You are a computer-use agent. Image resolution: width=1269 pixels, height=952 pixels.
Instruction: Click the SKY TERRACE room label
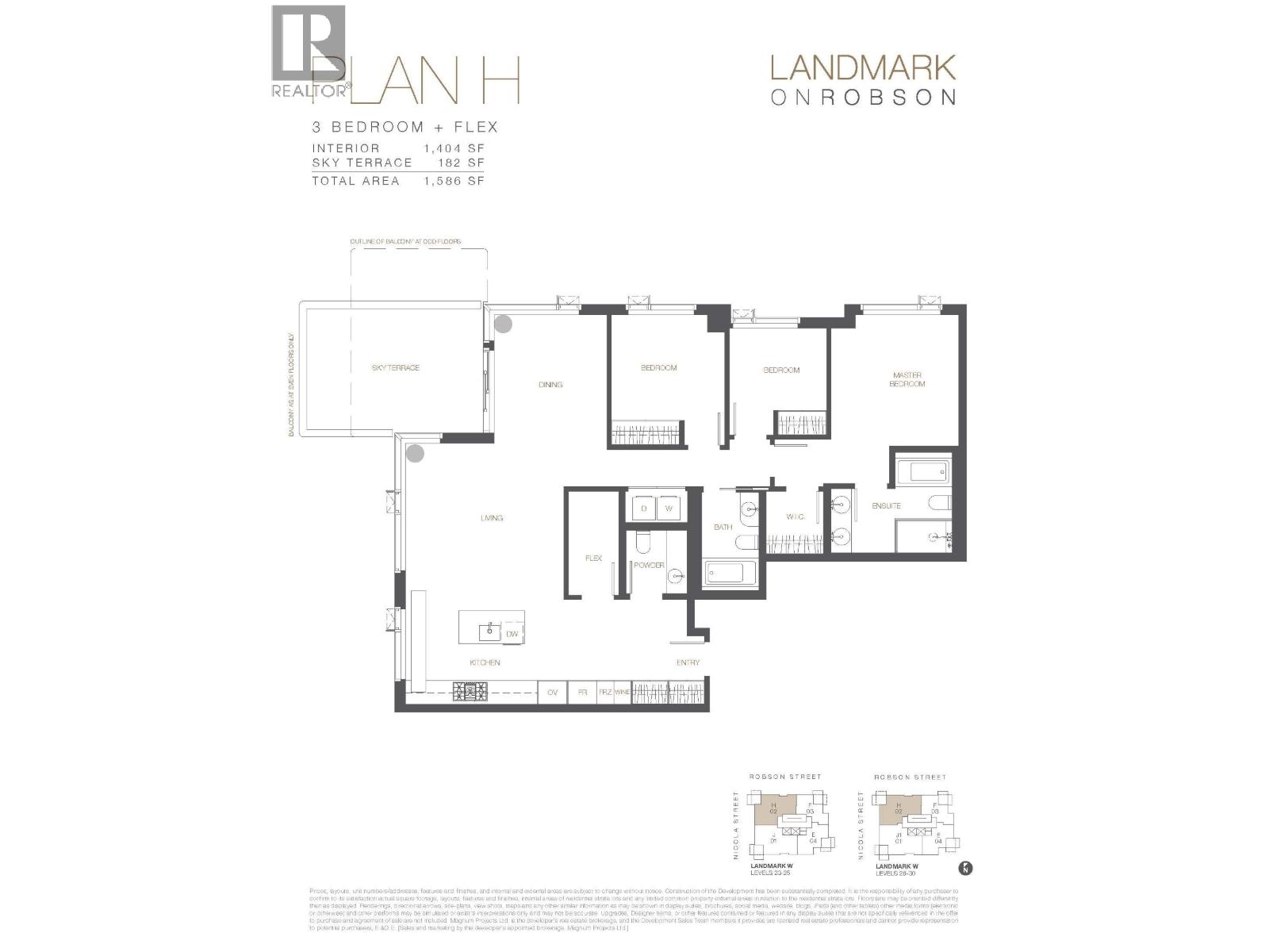coord(395,368)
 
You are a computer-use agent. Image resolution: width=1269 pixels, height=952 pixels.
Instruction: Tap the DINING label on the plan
coord(550,385)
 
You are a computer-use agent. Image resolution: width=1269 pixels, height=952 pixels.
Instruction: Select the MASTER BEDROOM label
coord(907,380)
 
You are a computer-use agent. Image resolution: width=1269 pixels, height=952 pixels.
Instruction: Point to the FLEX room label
coord(593,559)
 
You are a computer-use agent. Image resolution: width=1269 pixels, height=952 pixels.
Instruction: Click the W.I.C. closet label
coord(796,517)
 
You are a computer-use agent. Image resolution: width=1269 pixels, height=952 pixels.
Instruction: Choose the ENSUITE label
coord(886,506)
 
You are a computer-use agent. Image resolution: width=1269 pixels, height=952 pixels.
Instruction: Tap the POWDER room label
coord(649,566)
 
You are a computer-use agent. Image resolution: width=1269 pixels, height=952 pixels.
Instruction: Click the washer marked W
coord(669,508)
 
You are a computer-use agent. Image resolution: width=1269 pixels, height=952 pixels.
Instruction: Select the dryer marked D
coord(643,508)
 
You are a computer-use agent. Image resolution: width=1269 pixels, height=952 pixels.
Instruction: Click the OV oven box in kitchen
coord(553,693)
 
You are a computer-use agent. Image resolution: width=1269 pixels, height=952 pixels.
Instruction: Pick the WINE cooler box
coord(623,693)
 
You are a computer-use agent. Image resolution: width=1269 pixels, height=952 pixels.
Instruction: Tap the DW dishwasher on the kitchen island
coord(512,634)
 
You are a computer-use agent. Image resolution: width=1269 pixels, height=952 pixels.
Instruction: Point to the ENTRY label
coord(688,662)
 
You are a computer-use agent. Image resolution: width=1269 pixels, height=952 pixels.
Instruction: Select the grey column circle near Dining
coord(503,324)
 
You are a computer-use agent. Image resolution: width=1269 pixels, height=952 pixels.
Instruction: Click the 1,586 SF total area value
coord(454,181)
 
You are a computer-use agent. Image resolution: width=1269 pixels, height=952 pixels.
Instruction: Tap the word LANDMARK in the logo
coord(862,68)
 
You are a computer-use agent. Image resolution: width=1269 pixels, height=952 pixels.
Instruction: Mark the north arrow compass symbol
coord(965,868)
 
